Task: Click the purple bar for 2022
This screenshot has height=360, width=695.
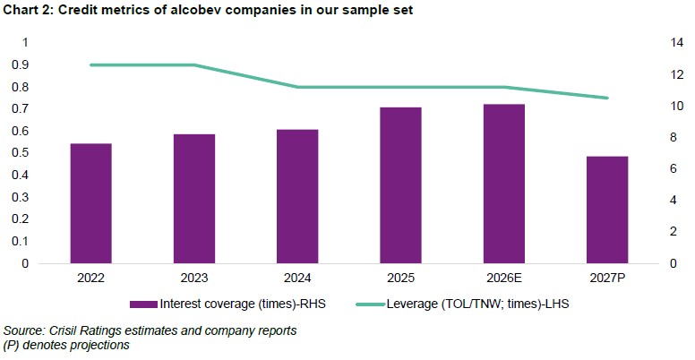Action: click(90, 203)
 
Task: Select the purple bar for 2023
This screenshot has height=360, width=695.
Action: click(194, 199)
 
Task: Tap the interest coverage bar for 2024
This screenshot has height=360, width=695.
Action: click(297, 196)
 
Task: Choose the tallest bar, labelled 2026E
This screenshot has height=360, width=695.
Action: click(503, 184)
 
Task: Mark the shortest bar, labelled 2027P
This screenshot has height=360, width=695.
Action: click(606, 210)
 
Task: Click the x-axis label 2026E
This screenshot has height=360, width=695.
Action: click(503, 279)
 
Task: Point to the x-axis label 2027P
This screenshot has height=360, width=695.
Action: click(606, 279)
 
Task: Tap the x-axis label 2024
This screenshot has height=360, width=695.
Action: click(297, 279)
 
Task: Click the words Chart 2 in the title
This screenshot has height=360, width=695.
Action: click(27, 10)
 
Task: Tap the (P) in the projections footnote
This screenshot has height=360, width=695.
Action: click(13, 345)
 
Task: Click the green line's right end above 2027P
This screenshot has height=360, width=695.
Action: click(607, 98)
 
